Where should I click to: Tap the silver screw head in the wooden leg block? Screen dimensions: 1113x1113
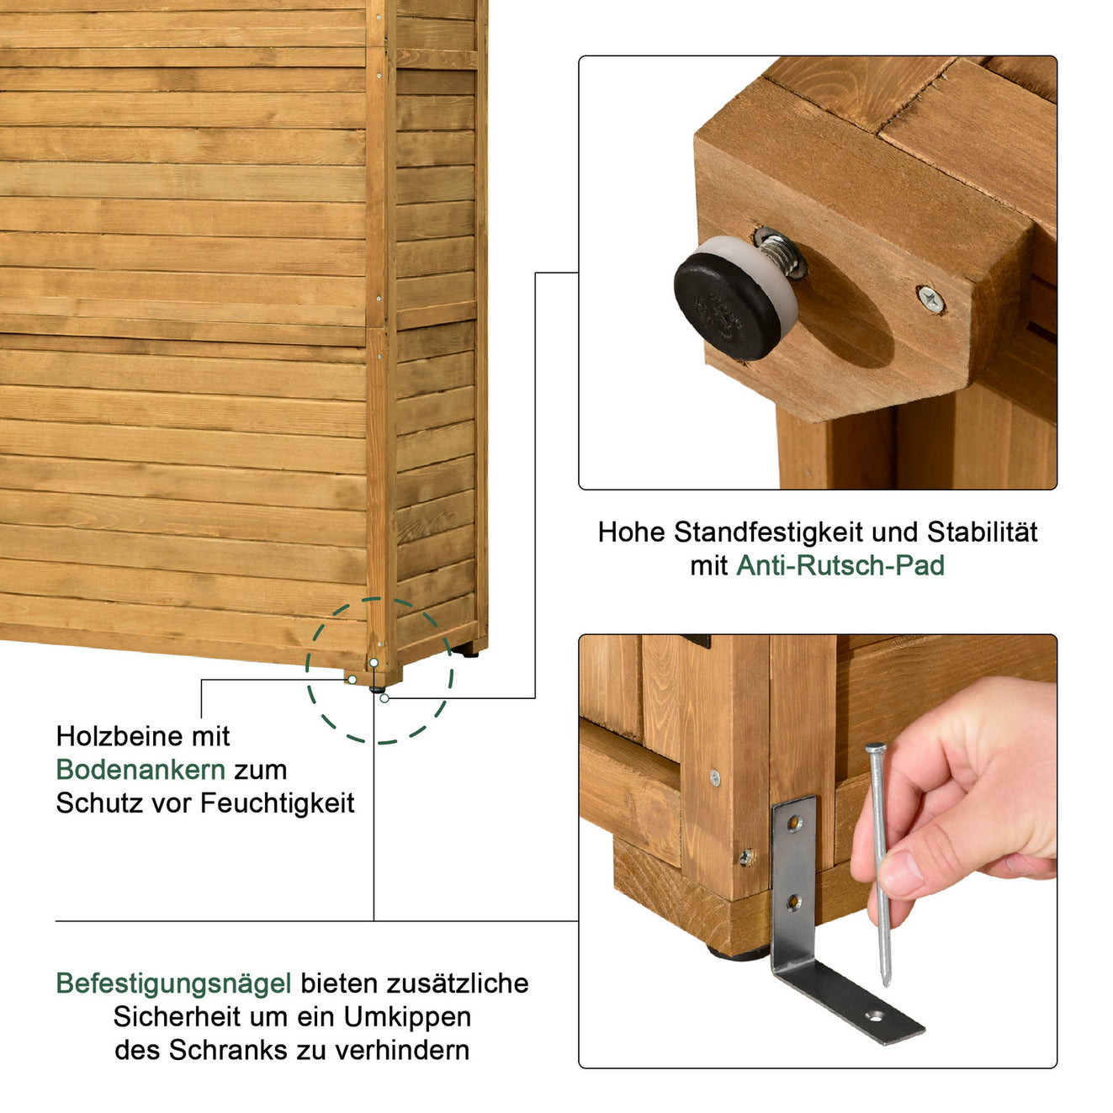click(930, 298)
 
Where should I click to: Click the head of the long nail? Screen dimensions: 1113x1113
click(875, 748)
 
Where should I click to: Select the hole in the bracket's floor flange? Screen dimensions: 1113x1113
click(877, 1016)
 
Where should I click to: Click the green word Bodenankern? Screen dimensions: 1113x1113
click(140, 770)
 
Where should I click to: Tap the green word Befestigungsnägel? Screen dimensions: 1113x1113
click(173, 983)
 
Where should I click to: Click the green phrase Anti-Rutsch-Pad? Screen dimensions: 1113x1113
click(840, 566)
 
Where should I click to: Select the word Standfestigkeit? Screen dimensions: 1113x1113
click(768, 533)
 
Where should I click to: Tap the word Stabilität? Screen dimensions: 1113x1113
click(982, 533)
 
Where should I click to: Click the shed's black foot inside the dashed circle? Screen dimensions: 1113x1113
click(377, 688)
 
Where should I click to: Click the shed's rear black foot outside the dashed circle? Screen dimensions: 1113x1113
click(469, 651)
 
